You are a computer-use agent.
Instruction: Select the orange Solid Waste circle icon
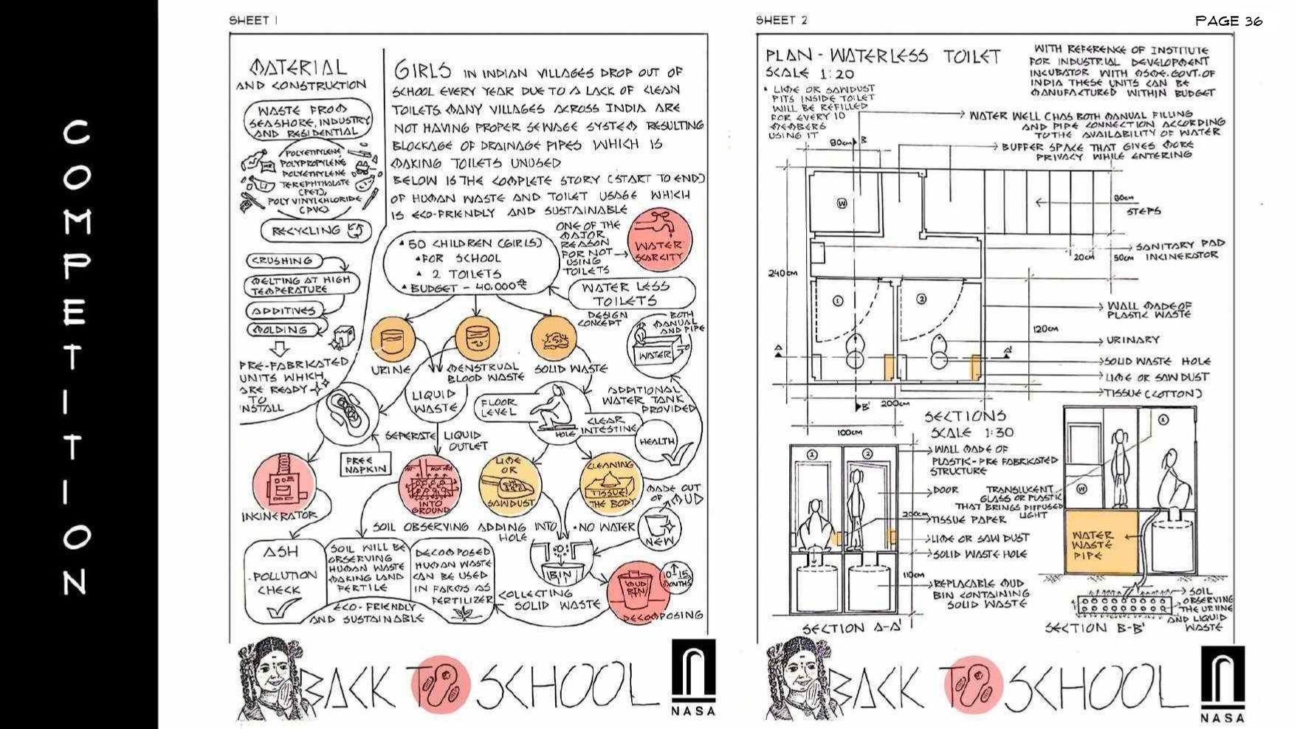coord(553,339)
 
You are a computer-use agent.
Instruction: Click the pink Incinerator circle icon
coord(284,483)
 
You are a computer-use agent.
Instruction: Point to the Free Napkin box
coord(365,464)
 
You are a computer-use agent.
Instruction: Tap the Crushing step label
coord(283,261)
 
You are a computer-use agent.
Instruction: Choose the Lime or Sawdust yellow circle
coord(509,484)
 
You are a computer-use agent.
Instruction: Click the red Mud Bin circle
coord(634,590)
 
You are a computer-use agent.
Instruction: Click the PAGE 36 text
coord(1228,21)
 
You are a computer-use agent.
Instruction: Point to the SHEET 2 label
coord(781,21)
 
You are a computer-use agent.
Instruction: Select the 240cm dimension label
coord(782,274)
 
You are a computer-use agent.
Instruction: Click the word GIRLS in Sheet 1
coord(422,71)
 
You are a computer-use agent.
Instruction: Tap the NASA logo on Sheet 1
coord(693,677)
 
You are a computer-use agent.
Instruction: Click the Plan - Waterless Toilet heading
coord(883,56)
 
